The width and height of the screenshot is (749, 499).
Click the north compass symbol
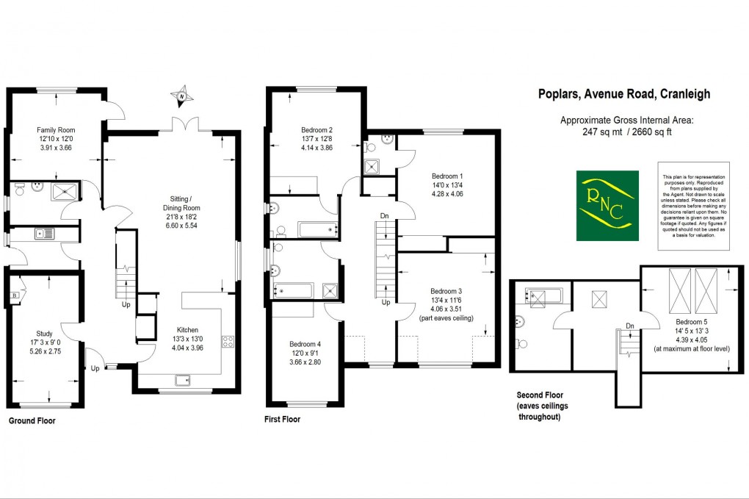pos(181,95)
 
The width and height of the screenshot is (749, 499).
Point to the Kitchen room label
pos(187,329)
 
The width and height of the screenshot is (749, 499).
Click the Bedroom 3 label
pos(446,290)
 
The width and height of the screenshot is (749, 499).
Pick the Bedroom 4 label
pos(305,345)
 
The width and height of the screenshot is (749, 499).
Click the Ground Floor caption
pos(32,422)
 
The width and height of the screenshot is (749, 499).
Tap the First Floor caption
pos(282,420)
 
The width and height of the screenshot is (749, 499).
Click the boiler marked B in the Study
pos(14,295)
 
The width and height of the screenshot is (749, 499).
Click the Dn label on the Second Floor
pos(629,326)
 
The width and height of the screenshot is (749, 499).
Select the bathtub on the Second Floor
pos(543,297)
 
